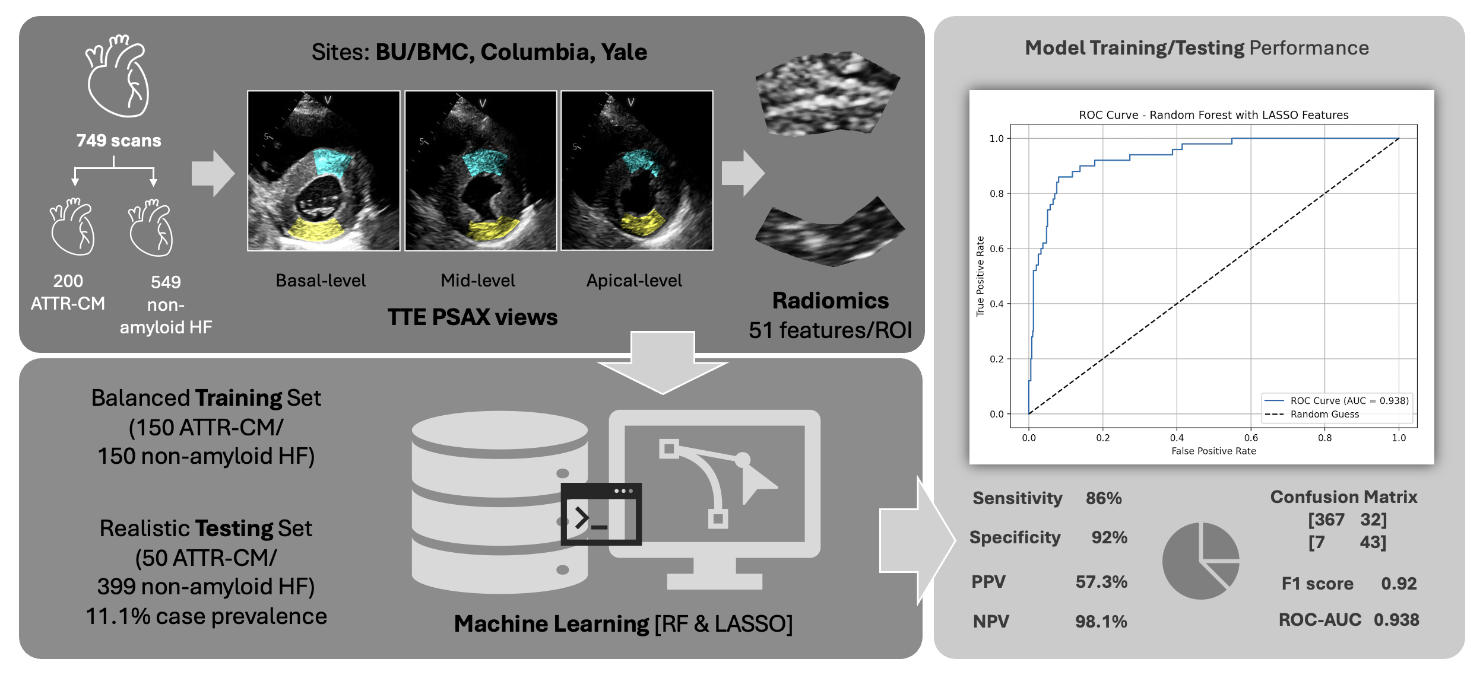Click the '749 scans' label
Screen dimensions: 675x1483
coord(119,141)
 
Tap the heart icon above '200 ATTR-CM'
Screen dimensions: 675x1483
coord(72,228)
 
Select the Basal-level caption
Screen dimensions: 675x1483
coord(321,281)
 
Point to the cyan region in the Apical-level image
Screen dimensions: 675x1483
coord(640,161)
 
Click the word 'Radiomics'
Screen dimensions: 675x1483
coord(830,301)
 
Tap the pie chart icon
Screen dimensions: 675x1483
coord(1200,561)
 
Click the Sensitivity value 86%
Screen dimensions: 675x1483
coord(1104,498)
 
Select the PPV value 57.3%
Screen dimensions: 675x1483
coord(1101,582)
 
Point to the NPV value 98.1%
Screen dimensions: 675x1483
coord(1101,622)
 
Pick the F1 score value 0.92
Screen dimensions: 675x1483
coord(1399,584)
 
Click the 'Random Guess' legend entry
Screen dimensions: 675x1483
coord(1324,415)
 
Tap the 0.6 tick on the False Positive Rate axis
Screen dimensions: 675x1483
coord(1251,438)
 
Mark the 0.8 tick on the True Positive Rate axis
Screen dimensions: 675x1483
coord(997,193)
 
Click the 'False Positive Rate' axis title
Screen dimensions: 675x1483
coord(1213,451)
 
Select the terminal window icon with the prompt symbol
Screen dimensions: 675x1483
coord(601,514)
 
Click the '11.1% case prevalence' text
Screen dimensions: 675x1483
coord(207,617)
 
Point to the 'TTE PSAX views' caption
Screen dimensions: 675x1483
coord(473,317)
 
